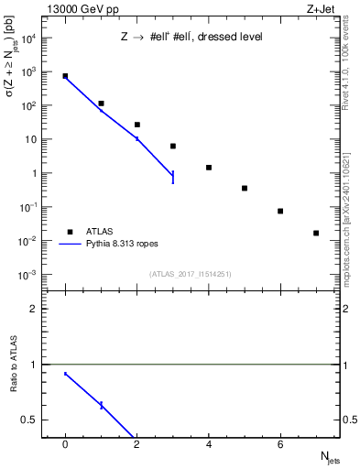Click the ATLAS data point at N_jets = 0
tap(65, 76)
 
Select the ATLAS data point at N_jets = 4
tap(209, 168)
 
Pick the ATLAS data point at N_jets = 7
tap(316, 233)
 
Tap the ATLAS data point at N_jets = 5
tap(245, 188)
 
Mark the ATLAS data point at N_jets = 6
tap(280, 211)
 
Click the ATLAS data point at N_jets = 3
tap(173, 146)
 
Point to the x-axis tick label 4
tap(209, 444)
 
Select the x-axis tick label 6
tap(280, 444)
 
